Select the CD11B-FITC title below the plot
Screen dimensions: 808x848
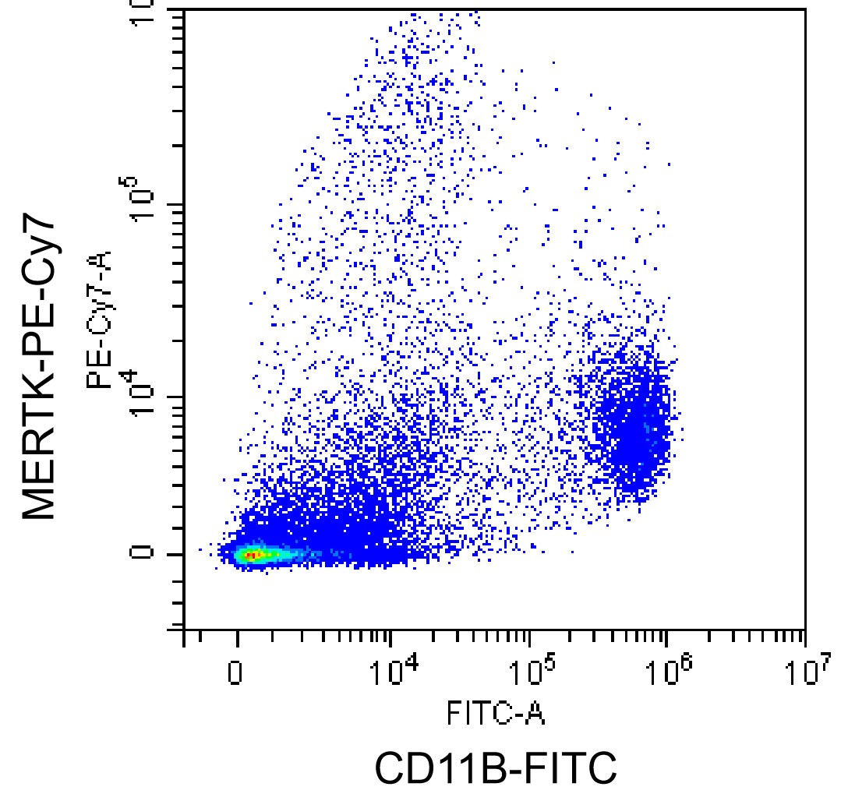coord(496,768)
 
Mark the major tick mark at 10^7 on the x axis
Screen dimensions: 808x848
coord(804,637)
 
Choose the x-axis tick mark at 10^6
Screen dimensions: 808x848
coord(666,637)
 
